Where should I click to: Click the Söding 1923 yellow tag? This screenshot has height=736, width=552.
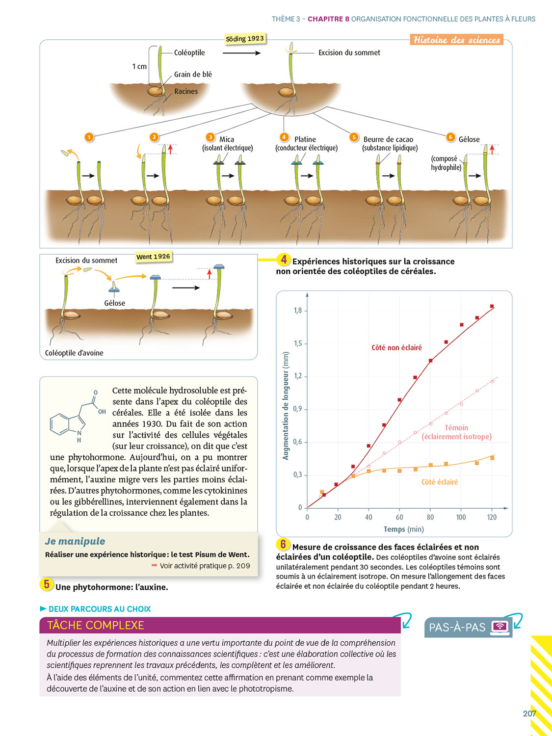coord(245,39)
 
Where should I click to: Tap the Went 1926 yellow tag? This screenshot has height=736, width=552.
coord(153,257)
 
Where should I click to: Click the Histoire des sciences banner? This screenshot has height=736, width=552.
coord(456,40)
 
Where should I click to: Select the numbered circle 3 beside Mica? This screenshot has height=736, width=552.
coord(210,137)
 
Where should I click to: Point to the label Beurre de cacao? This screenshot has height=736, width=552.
coord(388,139)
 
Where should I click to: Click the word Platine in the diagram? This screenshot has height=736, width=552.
coord(305,139)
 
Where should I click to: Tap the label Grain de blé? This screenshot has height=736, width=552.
coord(193,75)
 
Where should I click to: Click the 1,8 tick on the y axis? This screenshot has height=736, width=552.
coord(297,311)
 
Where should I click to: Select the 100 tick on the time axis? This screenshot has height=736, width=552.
coord(461,517)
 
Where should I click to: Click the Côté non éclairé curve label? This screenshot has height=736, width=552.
coord(396,347)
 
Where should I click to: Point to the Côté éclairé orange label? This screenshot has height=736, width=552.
coord(440,482)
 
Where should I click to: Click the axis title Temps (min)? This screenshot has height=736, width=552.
coord(403,529)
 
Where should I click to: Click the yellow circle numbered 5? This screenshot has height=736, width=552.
coord(47,584)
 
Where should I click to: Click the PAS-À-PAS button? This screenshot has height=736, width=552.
coord(468,627)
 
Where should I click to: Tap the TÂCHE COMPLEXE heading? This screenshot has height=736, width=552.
coord(96,625)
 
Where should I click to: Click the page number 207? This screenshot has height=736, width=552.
coord(529,713)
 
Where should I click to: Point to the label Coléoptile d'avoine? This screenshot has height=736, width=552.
coord(74,353)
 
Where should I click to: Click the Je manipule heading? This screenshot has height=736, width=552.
coord(75,541)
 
